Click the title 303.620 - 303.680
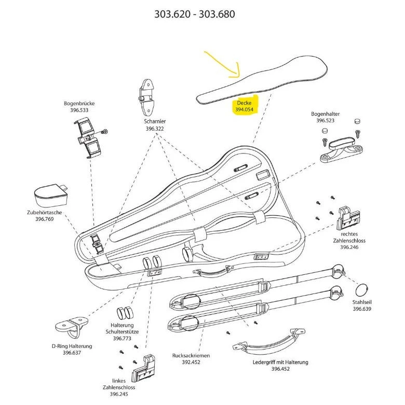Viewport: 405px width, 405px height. pos(194,14)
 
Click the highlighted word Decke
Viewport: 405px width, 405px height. pos(244,103)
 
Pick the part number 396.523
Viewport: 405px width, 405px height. pos(326,120)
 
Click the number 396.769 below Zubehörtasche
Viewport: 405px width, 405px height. pos(44,219)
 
